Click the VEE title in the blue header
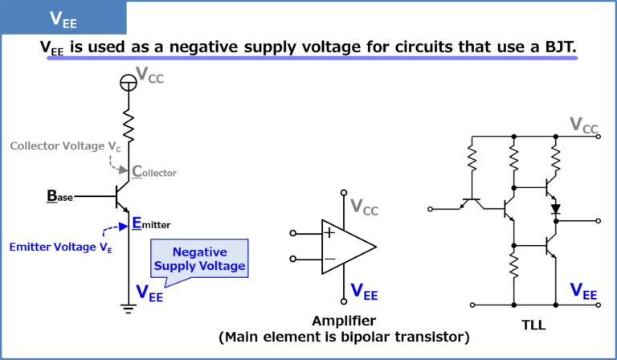(x=63, y=18)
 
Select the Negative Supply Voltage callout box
(x=199, y=259)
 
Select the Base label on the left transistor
(x=60, y=195)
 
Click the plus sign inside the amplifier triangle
(x=329, y=233)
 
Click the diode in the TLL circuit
(x=554, y=209)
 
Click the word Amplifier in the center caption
(x=344, y=321)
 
